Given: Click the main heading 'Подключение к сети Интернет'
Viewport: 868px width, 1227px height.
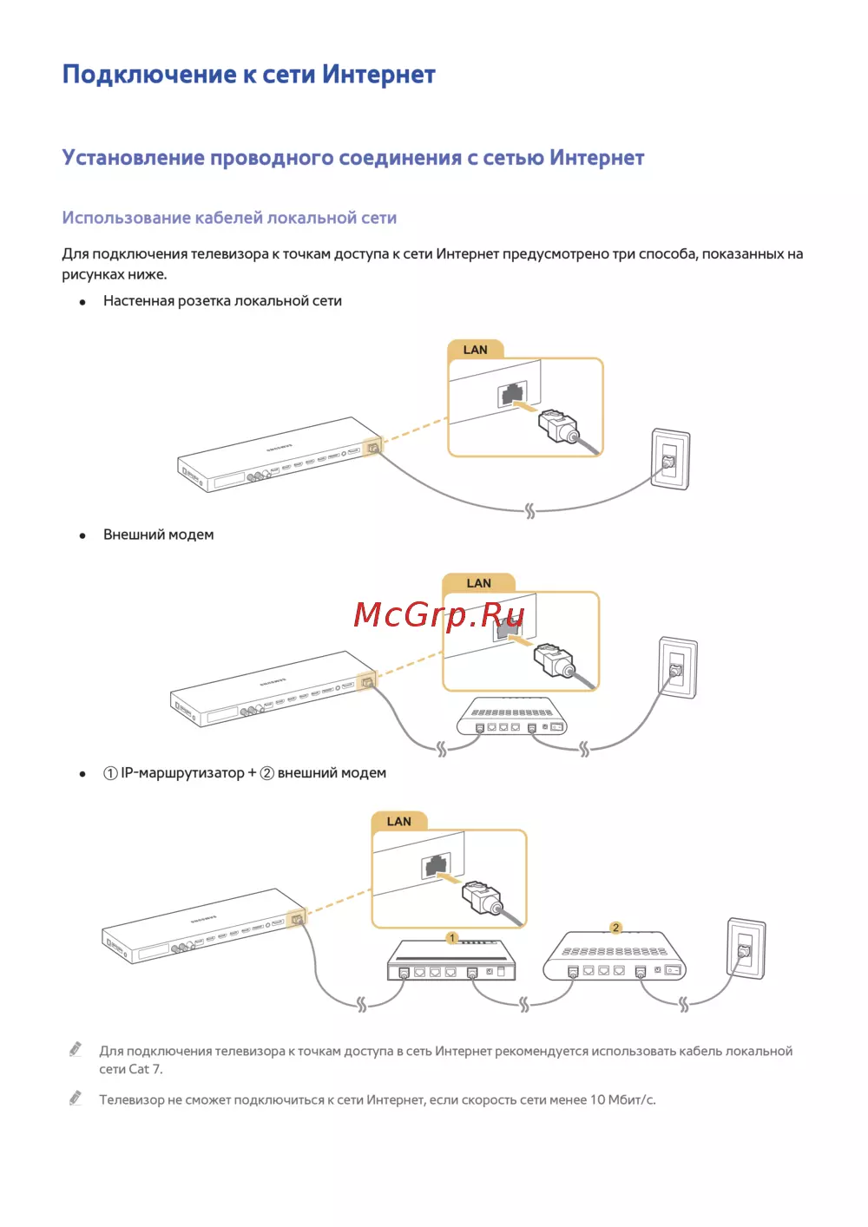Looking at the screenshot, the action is [249, 75].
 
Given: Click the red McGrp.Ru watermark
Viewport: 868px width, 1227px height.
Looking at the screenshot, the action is [439, 614].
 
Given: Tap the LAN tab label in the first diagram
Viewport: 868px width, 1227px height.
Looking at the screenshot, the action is [475, 350].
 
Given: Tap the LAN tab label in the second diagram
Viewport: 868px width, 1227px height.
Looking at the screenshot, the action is [478, 583].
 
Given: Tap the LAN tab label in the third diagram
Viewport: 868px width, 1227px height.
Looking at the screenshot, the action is [399, 821].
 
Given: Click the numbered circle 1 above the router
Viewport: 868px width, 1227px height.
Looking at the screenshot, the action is [452, 938].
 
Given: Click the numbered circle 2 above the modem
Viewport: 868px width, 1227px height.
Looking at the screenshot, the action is [616, 928].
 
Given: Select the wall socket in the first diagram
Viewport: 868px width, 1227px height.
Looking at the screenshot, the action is [670, 459].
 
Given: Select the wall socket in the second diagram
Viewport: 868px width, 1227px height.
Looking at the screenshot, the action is [678, 667].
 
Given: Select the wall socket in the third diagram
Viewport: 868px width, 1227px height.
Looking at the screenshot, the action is [746, 948].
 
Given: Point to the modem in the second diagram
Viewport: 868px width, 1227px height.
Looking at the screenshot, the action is [512, 716].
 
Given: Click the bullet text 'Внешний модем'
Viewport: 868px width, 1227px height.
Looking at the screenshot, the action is [158, 535].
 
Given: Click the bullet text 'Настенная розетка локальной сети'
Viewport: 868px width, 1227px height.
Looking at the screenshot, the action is [222, 301].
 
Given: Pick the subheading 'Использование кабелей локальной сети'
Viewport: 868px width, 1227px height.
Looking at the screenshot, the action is [229, 218].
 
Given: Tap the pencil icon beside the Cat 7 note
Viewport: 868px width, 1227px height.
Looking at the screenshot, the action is [76, 1048].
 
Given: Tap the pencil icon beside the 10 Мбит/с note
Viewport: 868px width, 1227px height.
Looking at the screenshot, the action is [76, 1097].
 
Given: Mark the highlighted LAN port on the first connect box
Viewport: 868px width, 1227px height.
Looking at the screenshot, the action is [373, 448].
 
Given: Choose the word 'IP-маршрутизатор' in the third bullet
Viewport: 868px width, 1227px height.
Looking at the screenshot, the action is [182, 773].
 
